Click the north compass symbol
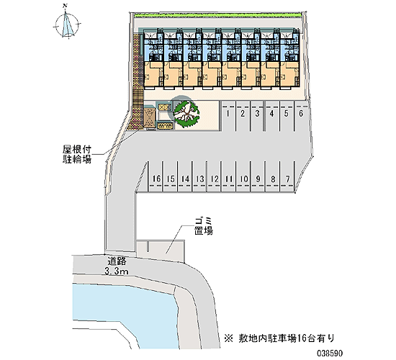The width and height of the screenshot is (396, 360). pyautogui.click(x=67, y=24)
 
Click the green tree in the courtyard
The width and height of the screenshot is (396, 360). pyautogui.click(x=186, y=114)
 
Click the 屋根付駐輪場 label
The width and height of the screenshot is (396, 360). pyautogui.click(x=77, y=155)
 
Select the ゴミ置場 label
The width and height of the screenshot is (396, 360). pyautogui.click(x=203, y=226)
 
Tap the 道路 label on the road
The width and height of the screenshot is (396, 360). pyautogui.click(x=117, y=261)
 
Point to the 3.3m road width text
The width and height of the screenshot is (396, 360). pyautogui.click(x=117, y=271)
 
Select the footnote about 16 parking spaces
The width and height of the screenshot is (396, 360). pyautogui.click(x=279, y=338)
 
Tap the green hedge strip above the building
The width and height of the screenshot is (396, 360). pyautogui.click(x=217, y=15)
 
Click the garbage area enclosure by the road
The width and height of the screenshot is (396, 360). pyautogui.click(x=161, y=251)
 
